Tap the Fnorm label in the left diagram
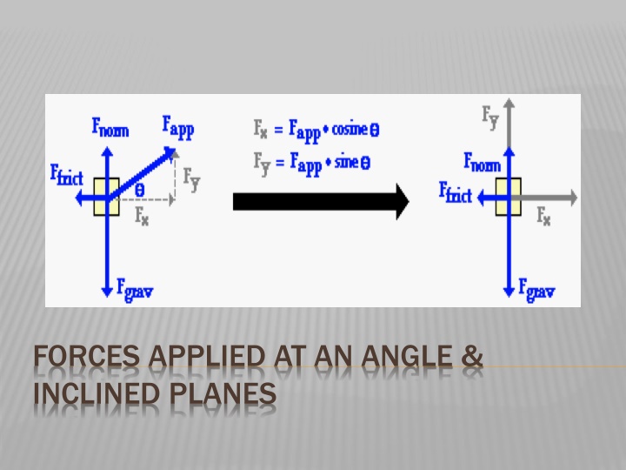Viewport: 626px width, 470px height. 110,129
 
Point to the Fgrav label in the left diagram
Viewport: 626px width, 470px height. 135,290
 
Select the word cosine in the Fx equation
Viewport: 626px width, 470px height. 349,131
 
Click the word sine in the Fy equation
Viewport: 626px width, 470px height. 344,162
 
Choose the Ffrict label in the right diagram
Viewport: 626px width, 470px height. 456,191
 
